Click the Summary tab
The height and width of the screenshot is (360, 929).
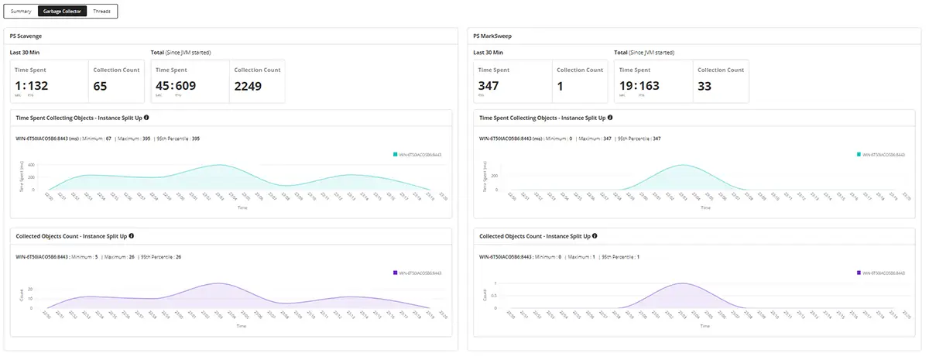click(21, 12)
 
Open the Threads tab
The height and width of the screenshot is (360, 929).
click(101, 12)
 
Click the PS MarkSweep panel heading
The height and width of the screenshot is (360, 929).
click(493, 36)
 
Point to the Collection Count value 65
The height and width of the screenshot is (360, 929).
click(100, 86)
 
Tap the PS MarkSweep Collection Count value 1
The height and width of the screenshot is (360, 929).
click(560, 86)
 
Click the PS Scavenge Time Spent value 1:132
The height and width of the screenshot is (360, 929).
click(32, 86)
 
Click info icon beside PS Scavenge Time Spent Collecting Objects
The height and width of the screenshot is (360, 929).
click(146, 118)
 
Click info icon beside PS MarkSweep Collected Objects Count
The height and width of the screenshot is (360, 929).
click(595, 235)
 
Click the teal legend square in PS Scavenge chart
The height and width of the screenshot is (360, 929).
click(396, 155)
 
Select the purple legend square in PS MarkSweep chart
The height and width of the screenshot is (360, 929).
click(859, 273)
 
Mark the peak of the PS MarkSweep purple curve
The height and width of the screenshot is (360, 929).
click(682, 283)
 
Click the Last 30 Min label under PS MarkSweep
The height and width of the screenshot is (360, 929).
click(488, 53)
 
